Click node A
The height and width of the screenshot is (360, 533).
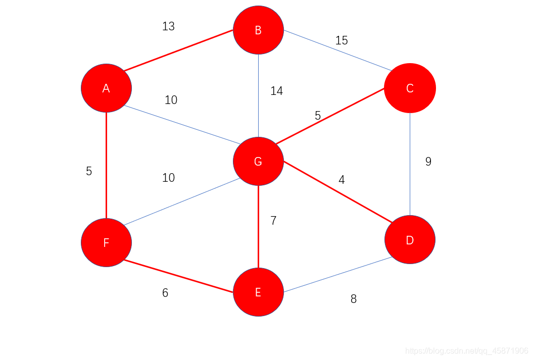[x=106, y=88]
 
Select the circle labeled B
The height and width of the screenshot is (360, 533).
[x=258, y=30]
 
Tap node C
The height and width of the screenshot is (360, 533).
[x=410, y=88]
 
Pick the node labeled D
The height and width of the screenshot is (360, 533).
[x=410, y=240]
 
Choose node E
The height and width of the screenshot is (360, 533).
[x=258, y=292]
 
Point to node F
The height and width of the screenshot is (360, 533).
[x=106, y=243]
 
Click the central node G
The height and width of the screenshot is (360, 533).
[x=258, y=162]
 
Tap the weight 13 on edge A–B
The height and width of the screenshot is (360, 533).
[x=168, y=26]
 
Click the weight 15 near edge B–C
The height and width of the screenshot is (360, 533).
[x=342, y=40]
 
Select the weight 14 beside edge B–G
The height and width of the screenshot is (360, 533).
[x=276, y=91]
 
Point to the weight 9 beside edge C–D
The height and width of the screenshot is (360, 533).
[x=428, y=162]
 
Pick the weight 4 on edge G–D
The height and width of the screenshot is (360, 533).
[x=342, y=180]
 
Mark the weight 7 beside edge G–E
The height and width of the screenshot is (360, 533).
[x=273, y=221]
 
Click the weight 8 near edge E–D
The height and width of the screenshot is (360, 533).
[x=353, y=299]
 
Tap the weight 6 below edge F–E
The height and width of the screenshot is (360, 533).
[x=165, y=293]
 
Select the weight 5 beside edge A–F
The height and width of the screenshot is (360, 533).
[x=89, y=171]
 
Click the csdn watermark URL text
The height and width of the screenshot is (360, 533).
[x=467, y=351]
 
